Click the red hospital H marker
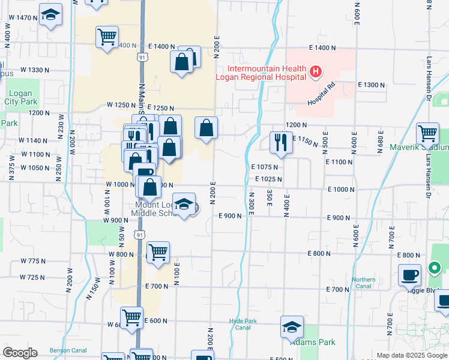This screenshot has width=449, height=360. point(316,73)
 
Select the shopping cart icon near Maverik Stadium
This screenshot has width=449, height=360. point(427,133)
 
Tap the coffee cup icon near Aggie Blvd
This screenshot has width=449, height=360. point(409,275)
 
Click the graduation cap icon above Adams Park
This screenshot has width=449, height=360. point(292,327)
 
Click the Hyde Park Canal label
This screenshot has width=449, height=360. point(243,324)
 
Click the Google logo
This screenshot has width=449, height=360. point(20,353)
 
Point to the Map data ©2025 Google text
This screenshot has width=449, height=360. point(412,355)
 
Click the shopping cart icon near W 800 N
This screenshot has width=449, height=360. point(158,253)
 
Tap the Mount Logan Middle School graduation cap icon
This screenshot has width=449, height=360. point(184,203)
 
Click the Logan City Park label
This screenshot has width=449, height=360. point(20,98)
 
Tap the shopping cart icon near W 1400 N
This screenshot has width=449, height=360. point(107,36)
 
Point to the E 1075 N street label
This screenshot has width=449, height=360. point(265,166)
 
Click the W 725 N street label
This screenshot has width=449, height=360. point(32,277)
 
